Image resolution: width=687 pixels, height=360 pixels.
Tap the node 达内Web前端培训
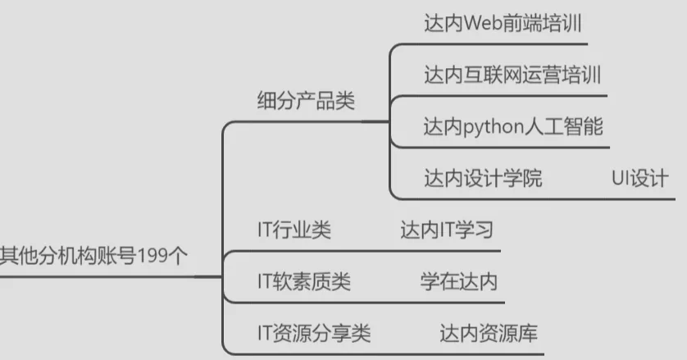[503, 22]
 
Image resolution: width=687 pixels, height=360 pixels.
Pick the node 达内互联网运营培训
[512, 75]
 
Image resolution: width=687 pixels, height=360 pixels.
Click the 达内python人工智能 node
[513, 127]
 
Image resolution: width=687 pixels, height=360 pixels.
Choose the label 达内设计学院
[483, 178]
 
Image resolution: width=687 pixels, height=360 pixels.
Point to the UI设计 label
[639, 178]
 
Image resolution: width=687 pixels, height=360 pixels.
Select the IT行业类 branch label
[294, 230]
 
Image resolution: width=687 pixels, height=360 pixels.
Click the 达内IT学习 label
[447, 230]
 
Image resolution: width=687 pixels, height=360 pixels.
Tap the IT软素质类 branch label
[303, 282]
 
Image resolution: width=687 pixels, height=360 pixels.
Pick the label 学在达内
[458, 282]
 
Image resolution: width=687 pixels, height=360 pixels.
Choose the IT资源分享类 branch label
[314, 334]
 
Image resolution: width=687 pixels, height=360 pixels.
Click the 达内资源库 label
[489, 334]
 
